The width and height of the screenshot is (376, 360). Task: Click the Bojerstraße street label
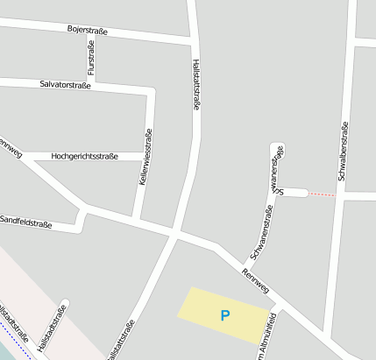(88, 31)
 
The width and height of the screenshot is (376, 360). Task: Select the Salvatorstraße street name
(66, 84)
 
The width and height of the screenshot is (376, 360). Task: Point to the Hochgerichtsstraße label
(85, 156)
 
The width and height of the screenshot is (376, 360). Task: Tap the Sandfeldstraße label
(26, 223)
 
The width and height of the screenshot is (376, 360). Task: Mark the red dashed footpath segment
(321, 194)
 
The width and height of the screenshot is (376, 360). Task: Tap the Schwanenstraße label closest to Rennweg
(262, 231)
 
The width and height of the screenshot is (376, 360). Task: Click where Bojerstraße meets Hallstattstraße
(193, 41)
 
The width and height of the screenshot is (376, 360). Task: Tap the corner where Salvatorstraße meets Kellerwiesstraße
(152, 90)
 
